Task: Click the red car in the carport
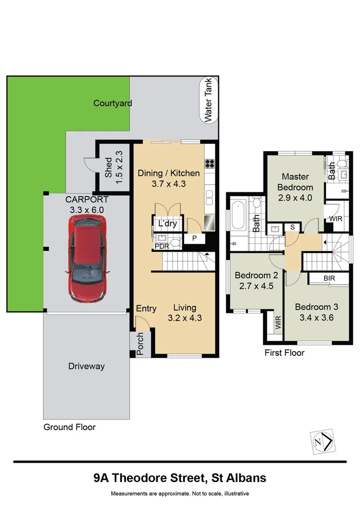click(x=88, y=259)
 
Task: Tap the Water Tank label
click(x=208, y=100)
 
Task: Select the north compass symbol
click(x=323, y=441)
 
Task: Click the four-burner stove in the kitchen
click(x=209, y=163)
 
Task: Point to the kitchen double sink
click(x=209, y=197)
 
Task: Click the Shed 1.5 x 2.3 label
click(x=114, y=167)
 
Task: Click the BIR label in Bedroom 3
click(x=329, y=278)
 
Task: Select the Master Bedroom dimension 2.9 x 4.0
click(x=295, y=197)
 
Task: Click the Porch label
click(x=140, y=344)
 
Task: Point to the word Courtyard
click(x=113, y=103)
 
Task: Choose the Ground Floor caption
click(x=69, y=427)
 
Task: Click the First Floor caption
click(x=284, y=353)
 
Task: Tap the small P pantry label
click(x=195, y=238)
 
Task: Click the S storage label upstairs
click(x=293, y=227)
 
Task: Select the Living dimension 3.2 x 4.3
click(x=185, y=318)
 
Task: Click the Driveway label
click(x=86, y=366)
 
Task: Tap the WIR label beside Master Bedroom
click(x=335, y=219)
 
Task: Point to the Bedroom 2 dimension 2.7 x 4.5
click(x=256, y=286)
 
